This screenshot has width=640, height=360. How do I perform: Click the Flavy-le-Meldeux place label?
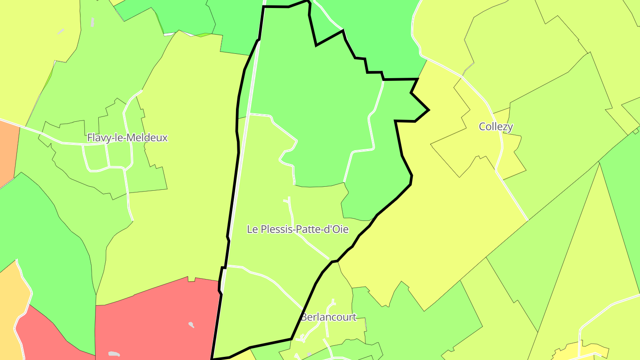coord(127,138)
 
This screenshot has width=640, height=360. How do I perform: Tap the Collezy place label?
coord(496,127)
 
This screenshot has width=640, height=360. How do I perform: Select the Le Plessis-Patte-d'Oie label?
coord(297,229)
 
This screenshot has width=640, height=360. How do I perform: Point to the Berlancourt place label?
coord(328,317)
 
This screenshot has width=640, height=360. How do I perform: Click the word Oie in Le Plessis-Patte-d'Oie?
coord(340,229)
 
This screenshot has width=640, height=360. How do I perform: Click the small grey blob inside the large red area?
coord(191,324)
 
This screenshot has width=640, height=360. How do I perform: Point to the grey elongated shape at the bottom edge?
coord(114,354)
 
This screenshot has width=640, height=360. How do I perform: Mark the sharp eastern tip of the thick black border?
coord(428,110)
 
